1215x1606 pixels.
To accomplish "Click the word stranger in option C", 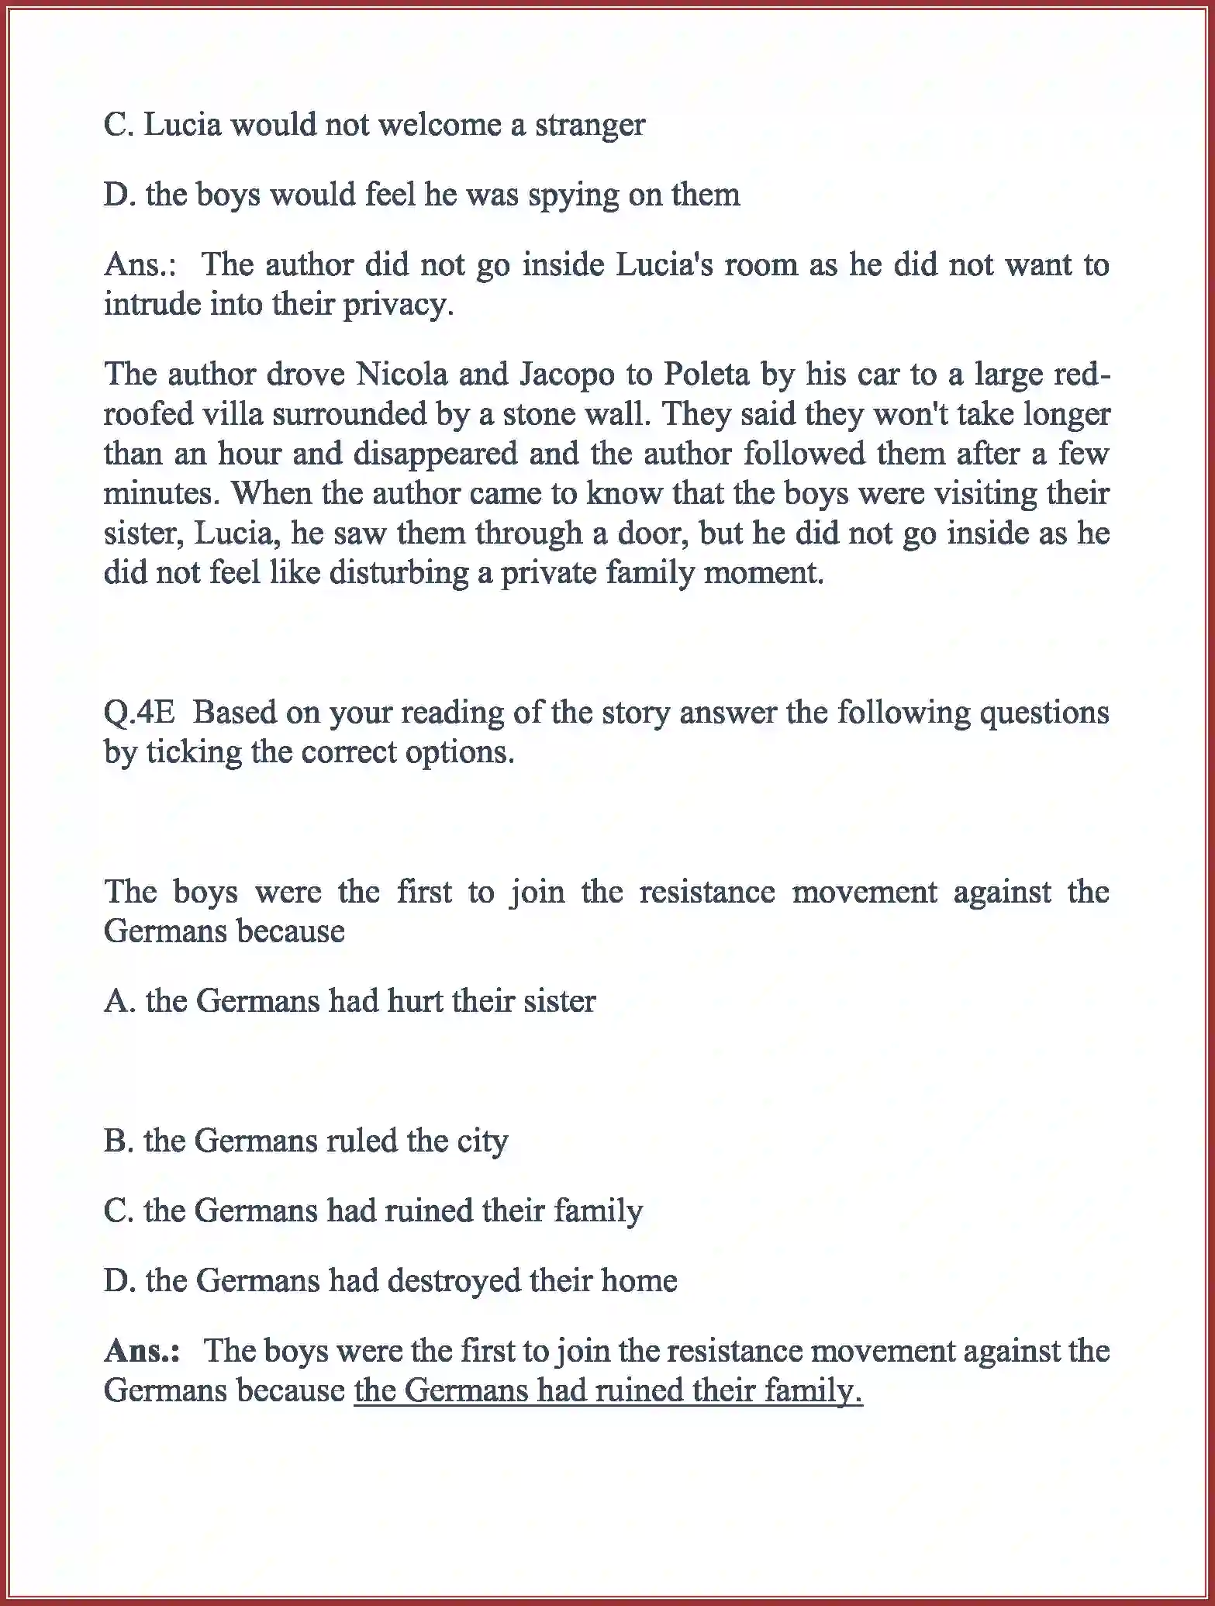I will point(589,126).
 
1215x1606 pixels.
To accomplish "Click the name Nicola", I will point(402,375).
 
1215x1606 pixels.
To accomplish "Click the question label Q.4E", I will point(140,713).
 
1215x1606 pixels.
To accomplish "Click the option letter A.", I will point(118,1001).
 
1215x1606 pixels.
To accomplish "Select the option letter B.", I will point(116,1141).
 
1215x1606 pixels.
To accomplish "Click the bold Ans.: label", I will point(142,1351).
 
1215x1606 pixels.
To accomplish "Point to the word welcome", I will point(439,126).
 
